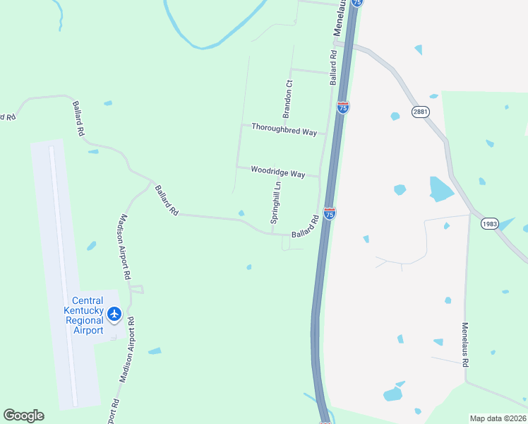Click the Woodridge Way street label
pyautogui.click(x=278, y=172)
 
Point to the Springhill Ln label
pyautogui.click(x=277, y=204)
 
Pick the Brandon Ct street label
pyautogui.click(x=288, y=99)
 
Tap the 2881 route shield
pyautogui.click(x=421, y=112)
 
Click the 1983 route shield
pyautogui.click(x=490, y=223)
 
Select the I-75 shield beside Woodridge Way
pyautogui.click(x=330, y=212)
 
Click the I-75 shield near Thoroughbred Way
pyautogui.click(x=343, y=107)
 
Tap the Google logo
pyautogui.click(x=23, y=416)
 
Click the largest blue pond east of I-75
pyautogui.click(x=441, y=189)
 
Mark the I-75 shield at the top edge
pyautogui.click(x=358, y=3)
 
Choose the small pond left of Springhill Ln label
pyautogui.click(x=241, y=213)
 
